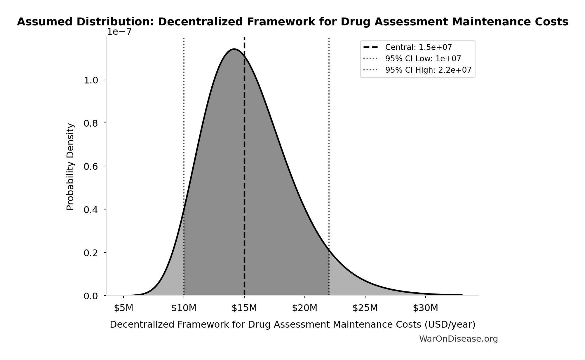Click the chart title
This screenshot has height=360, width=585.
[x=292, y=22]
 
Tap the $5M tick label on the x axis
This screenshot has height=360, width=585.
[x=123, y=308]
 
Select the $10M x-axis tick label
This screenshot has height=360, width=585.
[x=184, y=308]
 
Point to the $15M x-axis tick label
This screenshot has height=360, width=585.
[x=244, y=308]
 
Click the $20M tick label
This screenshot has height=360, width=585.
[x=305, y=308]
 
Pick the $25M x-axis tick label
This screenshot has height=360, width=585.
[x=365, y=308]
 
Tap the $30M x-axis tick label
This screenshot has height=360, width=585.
[x=426, y=308]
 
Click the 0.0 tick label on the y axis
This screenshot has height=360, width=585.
[x=91, y=296]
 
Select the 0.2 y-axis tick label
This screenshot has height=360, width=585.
[x=91, y=253]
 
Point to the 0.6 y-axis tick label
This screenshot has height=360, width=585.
[x=91, y=167]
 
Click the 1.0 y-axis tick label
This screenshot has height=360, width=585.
[x=91, y=81]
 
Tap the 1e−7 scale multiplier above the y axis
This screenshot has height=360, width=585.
[x=119, y=32]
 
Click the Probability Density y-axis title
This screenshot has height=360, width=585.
[x=70, y=167]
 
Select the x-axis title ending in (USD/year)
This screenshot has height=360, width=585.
[x=292, y=325]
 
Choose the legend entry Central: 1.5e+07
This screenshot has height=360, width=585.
[x=418, y=47]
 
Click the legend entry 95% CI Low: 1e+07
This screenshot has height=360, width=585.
[x=423, y=59]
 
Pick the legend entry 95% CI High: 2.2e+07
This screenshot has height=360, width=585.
[x=428, y=70]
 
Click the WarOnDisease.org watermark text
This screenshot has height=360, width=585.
[x=458, y=339]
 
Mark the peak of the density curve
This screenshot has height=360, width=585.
[x=234, y=49]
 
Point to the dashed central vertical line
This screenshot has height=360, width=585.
[x=244, y=175]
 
